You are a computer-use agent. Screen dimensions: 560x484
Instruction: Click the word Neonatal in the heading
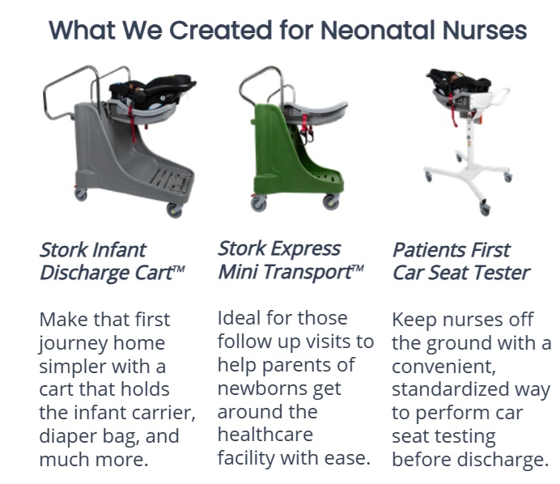pyautogui.click(x=378, y=30)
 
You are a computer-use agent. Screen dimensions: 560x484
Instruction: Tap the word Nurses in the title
pyautogui.click(x=485, y=30)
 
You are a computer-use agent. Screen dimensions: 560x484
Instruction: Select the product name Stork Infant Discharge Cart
pyautogui.click(x=112, y=261)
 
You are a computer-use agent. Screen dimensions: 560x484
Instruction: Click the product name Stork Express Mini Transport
pyautogui.click(x=291, y=260)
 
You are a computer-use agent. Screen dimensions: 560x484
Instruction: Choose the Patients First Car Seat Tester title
pyautogui.click(x=461, y=261)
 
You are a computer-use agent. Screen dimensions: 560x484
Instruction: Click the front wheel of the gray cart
pyautogui.click(x=174, y=210)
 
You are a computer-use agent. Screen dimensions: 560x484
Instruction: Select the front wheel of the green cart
pyautogui.click(x=331, y=202)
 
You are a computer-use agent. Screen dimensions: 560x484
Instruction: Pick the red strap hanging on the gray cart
pyautogui.click(x=133, y=122)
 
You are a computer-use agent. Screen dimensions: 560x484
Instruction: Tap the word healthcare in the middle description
pyautogui.click(x=265, y=435)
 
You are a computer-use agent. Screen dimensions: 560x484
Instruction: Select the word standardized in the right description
pyautogui.click(x=451, y=389)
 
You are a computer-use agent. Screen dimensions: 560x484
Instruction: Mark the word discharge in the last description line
pyautogui.click(x=503, y=459)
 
